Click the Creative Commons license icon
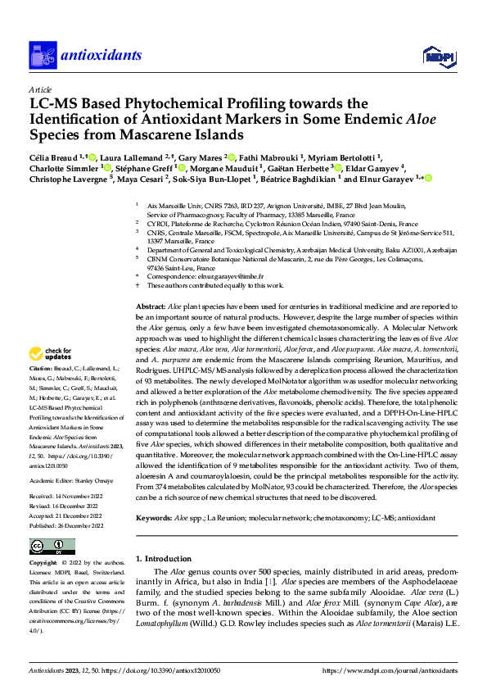(x=52, y=547)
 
